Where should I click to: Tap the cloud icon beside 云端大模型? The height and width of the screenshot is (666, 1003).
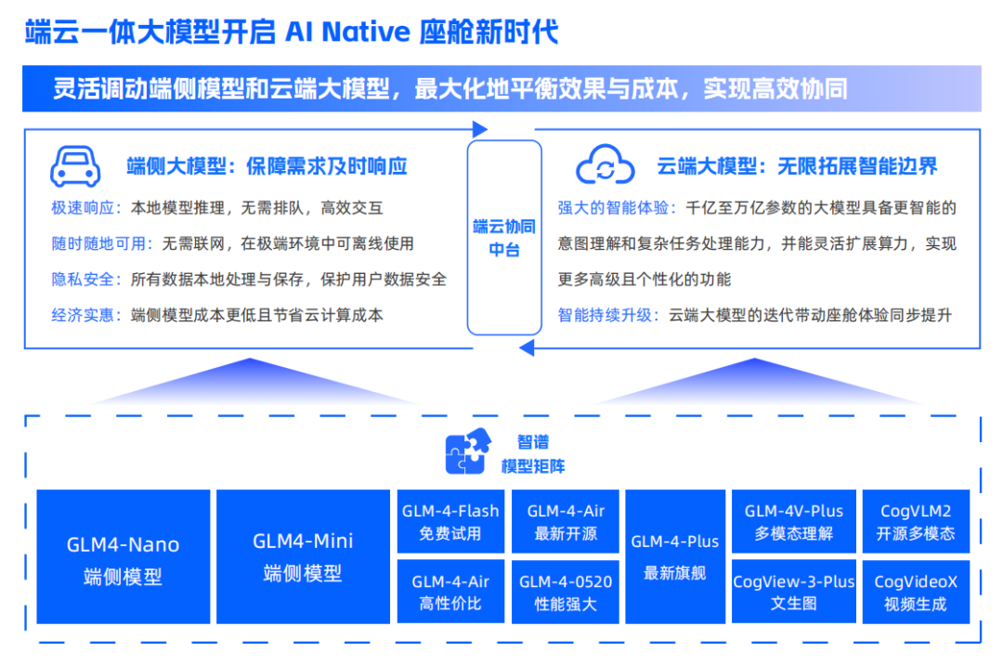point(605,167)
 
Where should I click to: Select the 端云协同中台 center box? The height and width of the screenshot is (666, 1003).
point(504,237)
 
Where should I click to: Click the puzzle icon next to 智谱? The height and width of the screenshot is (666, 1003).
point(468,453)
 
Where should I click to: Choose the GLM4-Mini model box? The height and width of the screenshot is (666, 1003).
point(303,556)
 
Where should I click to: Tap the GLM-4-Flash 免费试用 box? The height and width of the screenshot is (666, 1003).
point(449,522)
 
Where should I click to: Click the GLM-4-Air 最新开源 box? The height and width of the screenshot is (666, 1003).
point(566,522)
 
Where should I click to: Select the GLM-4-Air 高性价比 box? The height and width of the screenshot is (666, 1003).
point(449,592)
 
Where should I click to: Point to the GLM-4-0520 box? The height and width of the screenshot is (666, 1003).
point(566,592)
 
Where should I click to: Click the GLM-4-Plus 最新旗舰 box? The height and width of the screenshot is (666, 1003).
point(675,556)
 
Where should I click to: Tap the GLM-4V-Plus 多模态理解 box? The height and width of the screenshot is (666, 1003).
point(794,522)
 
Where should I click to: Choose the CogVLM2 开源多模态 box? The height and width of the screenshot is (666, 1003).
point(916,522)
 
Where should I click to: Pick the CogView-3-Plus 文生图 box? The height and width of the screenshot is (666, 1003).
point(794,592)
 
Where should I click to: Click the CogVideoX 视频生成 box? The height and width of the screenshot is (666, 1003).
point(916,592)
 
